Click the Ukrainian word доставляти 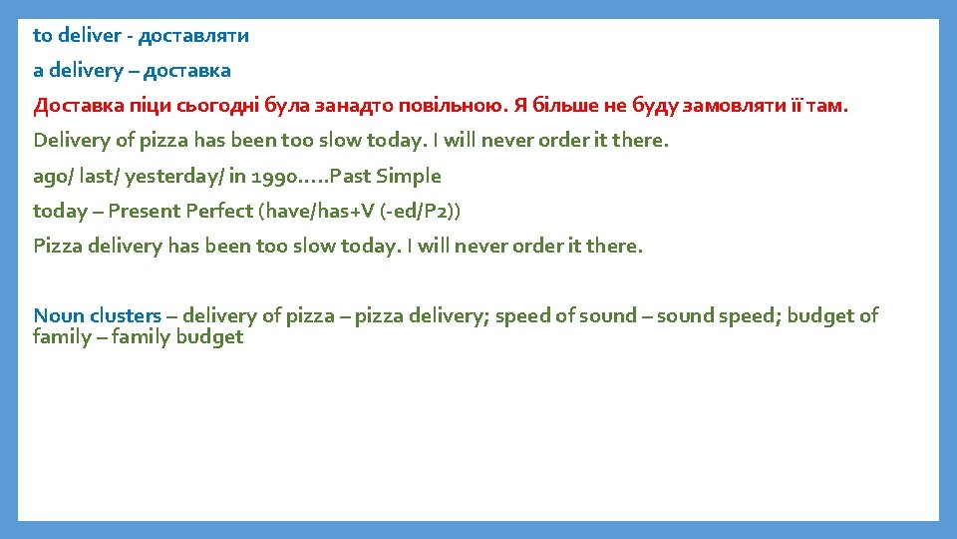point(193,36)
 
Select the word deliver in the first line point(91,36)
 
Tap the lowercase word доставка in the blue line point(189,71)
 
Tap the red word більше point(555,106)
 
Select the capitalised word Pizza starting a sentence point(57,246)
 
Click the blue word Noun point(59,316)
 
